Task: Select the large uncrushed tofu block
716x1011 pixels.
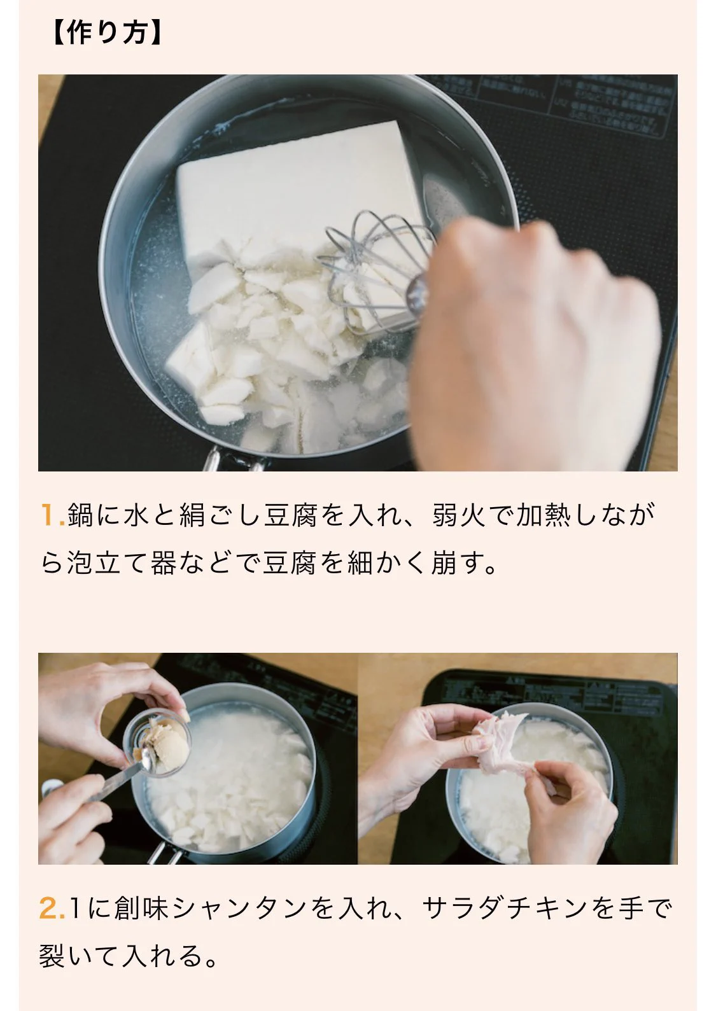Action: click(299, 185)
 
